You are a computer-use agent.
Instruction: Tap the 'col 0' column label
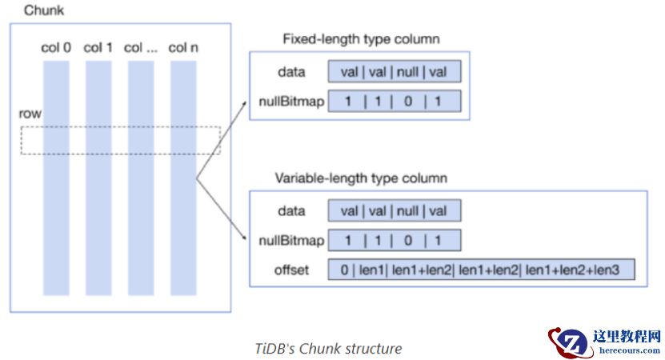click(x=56, y=48)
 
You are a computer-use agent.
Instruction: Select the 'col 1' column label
click(x=98, y=48)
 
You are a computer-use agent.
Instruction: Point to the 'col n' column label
click(x=183, y=48)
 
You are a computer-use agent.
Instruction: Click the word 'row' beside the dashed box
click(x=30, y=114)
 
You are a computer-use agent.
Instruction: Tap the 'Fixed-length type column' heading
click(x=361, y=38)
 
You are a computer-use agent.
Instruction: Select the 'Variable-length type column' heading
click(x=361, y=178)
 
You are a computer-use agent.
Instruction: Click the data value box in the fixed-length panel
click(x=395, y=72)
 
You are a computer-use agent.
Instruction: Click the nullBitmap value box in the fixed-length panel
click(x=395, y=101)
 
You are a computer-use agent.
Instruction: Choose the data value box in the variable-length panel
click(x=395, y=211)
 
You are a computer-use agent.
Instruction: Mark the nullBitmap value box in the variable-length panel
click(x=395, y=240)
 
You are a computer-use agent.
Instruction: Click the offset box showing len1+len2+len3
click(x=481, y=270)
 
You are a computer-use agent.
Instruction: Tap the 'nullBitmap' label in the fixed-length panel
click(x=291, y=101)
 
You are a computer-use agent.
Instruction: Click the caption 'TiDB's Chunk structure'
click(x=328, y=348)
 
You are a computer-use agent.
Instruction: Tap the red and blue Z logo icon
click(x=569, y=342)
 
